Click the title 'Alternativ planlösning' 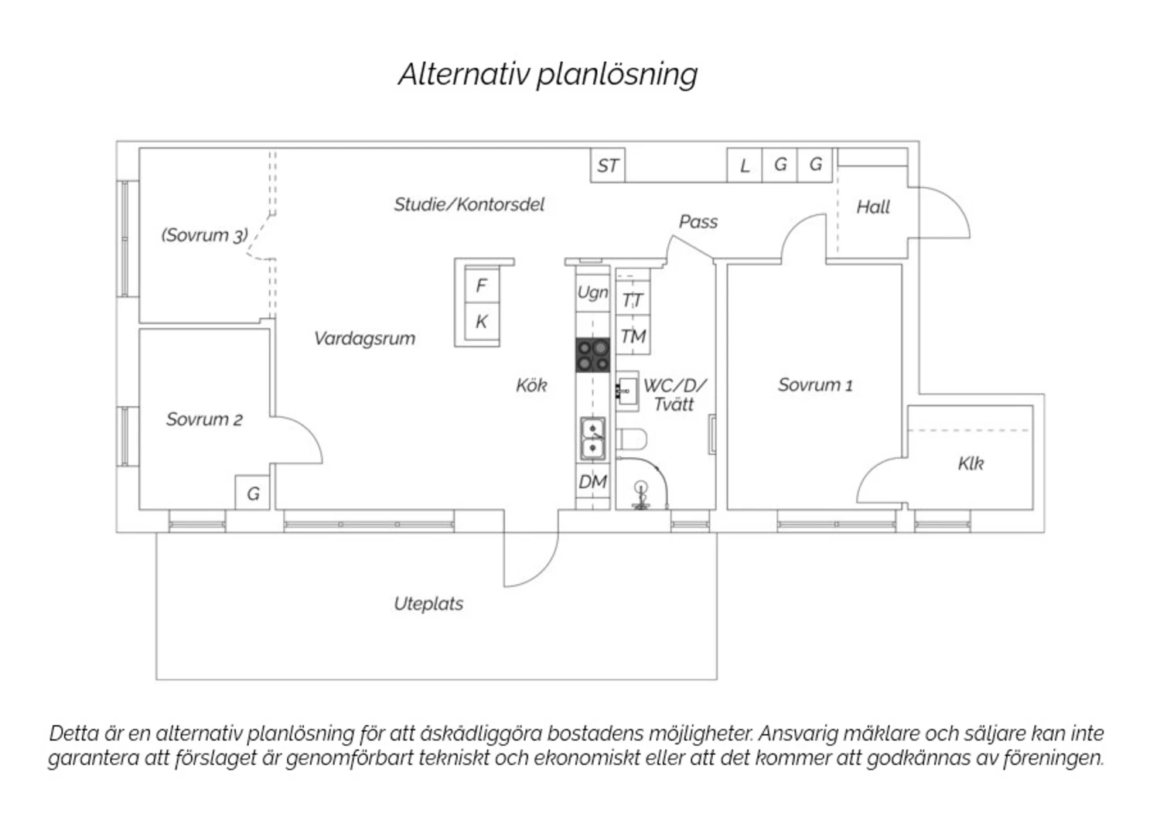[x=548, y=74]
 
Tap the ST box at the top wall [x=608, y=166]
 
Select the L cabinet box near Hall [x=745, y=166]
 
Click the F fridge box [x=481, y=285]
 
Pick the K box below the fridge [x=481, y=322]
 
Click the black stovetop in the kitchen [x=593, y=355]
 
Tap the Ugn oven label [x=592, y=292]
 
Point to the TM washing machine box [x=633, y=337]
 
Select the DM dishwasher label [x=592, y=482]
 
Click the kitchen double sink [x=592, y=437]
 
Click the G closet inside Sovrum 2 [x=253, y=494]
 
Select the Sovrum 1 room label [x=815, y=384]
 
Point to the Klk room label [x=971, y=463]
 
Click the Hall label [x=873, y=207]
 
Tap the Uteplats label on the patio [x=428, y=603]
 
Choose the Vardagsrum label [x=364, y=338]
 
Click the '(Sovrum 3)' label [x=204, y=234]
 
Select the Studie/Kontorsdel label [x=469, y=204]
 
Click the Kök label [x=531, y=384]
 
